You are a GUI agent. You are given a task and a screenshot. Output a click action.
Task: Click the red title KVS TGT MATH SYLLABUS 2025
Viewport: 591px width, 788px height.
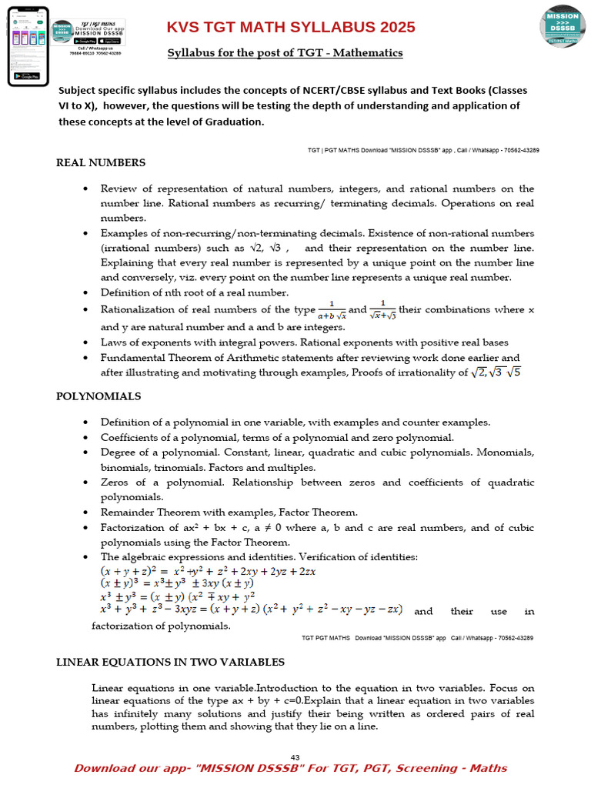291,28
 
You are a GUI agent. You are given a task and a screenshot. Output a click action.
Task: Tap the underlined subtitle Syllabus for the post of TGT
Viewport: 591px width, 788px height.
285,53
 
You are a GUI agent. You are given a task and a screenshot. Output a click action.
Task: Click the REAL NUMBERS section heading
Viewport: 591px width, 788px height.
101,162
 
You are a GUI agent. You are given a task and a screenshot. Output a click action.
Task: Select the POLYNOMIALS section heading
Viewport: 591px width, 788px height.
98,396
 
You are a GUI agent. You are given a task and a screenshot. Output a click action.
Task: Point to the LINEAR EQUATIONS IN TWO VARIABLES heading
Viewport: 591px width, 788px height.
171,662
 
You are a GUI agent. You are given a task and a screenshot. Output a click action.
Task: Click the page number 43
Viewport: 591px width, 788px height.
295,756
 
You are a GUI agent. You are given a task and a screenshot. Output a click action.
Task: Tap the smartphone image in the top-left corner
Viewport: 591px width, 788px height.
28,45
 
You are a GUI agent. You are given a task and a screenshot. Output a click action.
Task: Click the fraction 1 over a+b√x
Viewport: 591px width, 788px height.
332,310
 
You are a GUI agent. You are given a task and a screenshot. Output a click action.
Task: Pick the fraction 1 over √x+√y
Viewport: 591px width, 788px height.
382,310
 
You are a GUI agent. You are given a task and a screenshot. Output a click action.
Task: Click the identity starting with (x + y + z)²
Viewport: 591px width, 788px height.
208,572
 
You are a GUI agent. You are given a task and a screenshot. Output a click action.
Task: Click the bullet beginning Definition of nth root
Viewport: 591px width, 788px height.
195,292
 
